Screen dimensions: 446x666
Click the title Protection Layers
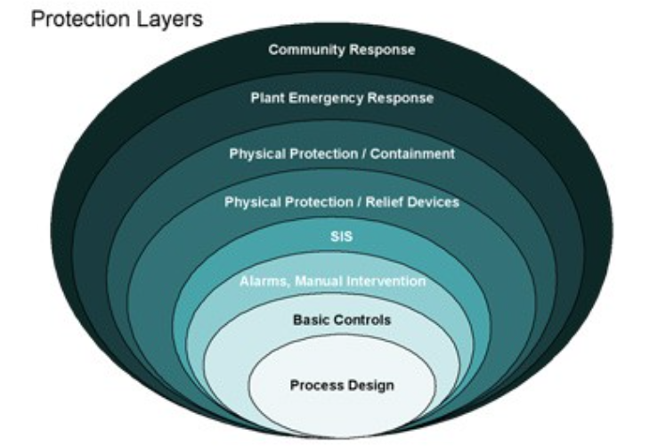pyautogui.click(x=117, y=19)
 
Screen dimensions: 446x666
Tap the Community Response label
pyautogui.click(x=342, y=50)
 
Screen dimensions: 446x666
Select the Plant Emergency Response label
pyautogui.click(x=342, y=98)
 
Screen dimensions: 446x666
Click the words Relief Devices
pyautogui.click(x=416, y=202)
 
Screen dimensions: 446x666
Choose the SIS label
pyautogui.click(x=342, y=237)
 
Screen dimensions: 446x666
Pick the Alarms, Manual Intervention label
pyautogui.click(x=333, y=282)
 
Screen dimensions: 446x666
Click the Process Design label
pyautogui.click(x=342, y=385)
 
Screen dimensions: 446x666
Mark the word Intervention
pyautogui.click(x=385, y=282)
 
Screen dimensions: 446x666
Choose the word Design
pyautogui.click(x=372, y=385)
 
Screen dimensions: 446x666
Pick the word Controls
pyautogui.click(x=361, y=319)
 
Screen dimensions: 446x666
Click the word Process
pyautogui.click(x=316, y=385)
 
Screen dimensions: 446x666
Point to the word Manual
pyautogui.click(x=318, y=282)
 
